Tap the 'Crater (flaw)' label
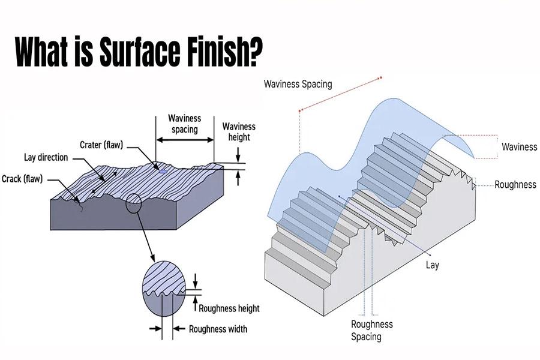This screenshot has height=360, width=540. [103, 145]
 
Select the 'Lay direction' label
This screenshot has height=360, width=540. [46, 157]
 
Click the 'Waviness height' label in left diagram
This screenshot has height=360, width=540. [239, 131]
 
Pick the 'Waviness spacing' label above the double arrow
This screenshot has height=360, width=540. [184, 124]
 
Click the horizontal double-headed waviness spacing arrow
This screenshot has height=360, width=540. [185, 140]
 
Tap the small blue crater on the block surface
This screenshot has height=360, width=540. [162, 171]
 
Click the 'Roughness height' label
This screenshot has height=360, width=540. [229, 308]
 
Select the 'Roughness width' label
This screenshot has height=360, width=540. [218, 329]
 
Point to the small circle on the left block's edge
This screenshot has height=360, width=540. [134, 204]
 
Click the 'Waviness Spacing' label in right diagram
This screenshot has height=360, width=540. [298, 84]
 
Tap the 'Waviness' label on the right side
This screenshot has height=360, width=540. [519, 146]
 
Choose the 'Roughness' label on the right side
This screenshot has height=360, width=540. [515, 185]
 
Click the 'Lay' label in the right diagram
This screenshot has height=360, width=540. [432, 265]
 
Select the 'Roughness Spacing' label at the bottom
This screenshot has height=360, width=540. [371, 330]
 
